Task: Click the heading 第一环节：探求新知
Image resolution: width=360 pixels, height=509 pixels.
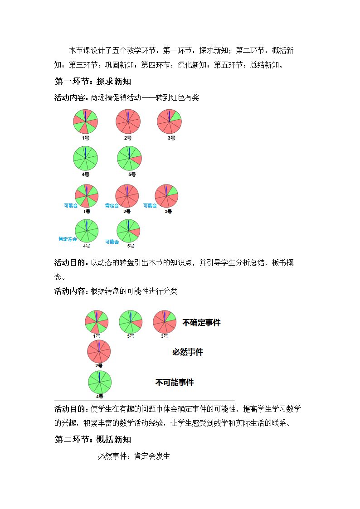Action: (x=92, y=82)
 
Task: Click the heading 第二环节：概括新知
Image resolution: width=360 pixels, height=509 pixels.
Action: (x=92, y=439)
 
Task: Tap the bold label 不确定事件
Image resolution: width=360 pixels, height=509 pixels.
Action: (x=201, y=322)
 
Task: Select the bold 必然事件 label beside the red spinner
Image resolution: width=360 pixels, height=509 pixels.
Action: (x=188, y=352)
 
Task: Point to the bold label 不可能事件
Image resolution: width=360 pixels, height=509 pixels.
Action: (x=174, y=383)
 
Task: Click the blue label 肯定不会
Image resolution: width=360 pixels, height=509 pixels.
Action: (x=68, y=239)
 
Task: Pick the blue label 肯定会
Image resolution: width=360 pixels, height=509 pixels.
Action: (x=112, y=205)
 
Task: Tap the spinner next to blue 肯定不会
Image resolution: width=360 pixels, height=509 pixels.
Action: (x=87, y=231)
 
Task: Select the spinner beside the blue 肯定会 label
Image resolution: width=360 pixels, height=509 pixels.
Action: (x=127, y=196)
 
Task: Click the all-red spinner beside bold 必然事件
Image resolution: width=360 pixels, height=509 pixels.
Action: (x=99, y=352)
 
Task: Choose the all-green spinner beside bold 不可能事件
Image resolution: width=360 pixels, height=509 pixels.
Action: (x=100, y=382)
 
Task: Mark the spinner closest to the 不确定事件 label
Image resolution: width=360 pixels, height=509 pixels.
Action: (x=165, y=322)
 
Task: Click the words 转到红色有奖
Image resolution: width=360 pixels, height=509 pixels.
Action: (x=178, y=98)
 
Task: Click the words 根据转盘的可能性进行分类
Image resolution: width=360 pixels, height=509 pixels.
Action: (x=134, y=291)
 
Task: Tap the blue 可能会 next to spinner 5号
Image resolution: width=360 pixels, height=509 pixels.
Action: (x=112, y=242)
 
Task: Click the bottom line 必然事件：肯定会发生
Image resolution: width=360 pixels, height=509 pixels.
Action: (x=134, y=456)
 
